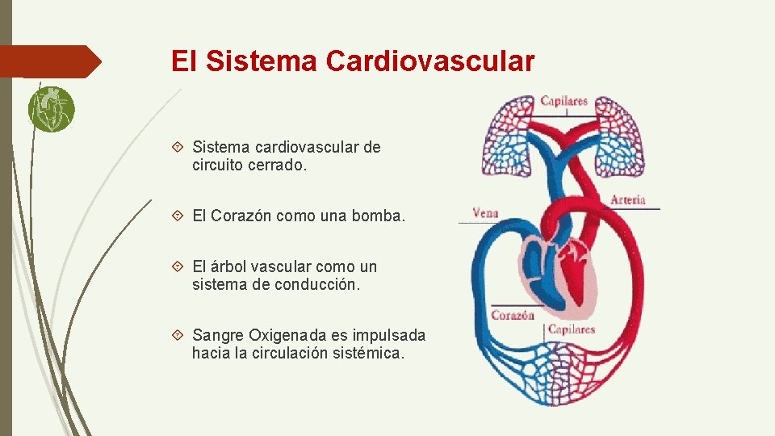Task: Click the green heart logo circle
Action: point(51,109)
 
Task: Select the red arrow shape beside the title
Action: point(50,61)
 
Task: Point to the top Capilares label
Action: point(563,102)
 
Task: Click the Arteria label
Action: point(628,199)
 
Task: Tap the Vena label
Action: point(485,213)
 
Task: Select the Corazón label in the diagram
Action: point(513,315)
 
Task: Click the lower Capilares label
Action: point(572,329)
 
